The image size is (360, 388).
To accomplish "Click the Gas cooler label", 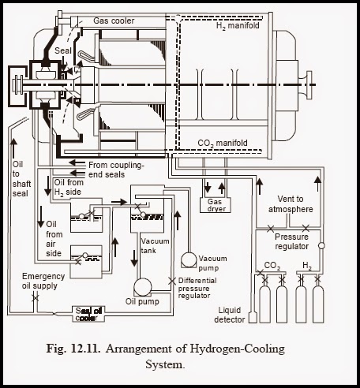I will (118, 20).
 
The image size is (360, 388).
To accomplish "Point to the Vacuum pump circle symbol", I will (189, 259).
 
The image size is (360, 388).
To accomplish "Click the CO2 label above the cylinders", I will (271, 266).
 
